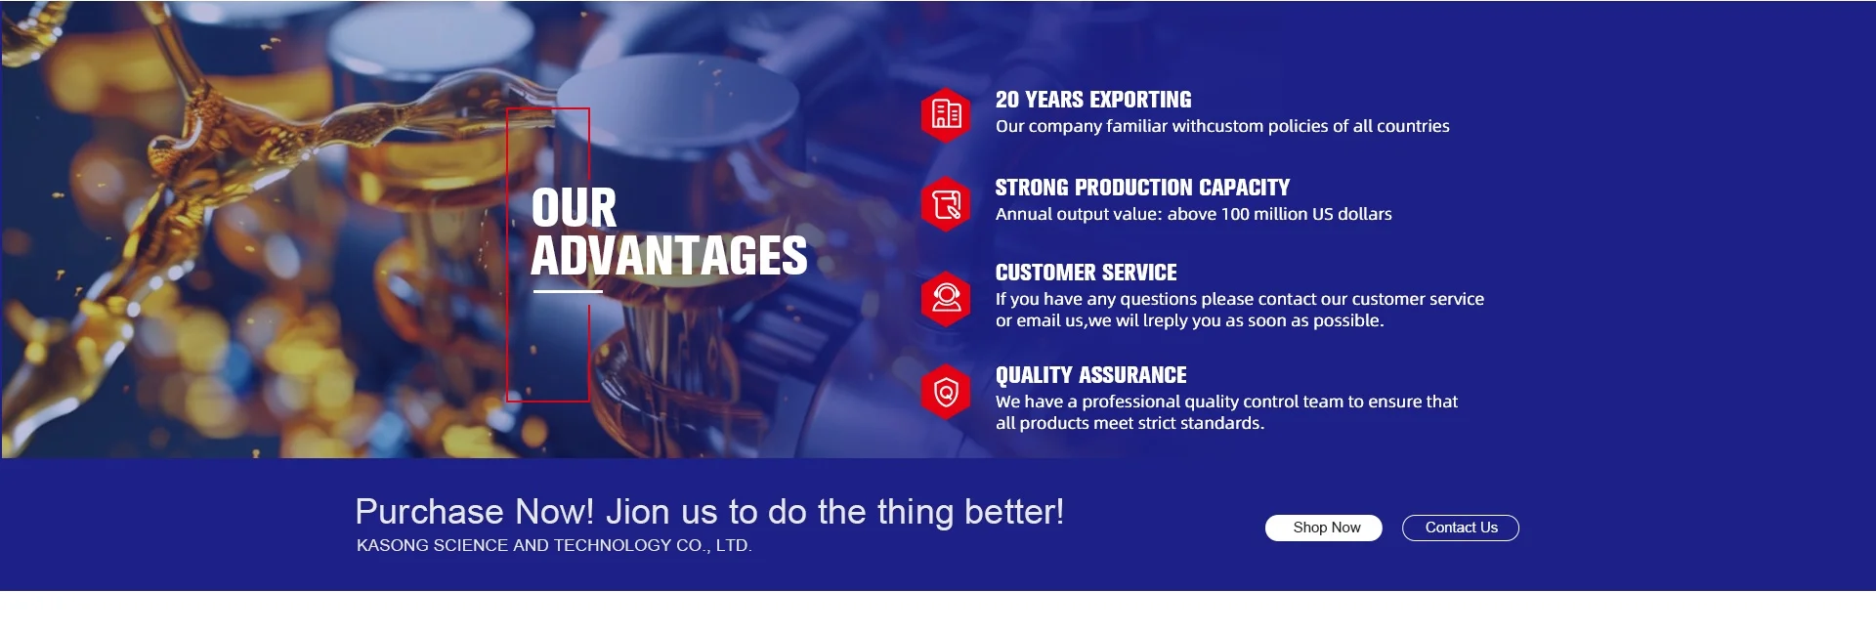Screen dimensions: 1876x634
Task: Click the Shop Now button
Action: [x=1323, y=528]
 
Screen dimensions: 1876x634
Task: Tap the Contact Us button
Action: [x=1461, y=528]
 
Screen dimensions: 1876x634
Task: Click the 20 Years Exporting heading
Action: [x=1093, y=100]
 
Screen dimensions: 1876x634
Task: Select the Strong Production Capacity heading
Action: [x=1142, y=188]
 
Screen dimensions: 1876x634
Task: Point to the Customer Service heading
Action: [x=1087, y=273]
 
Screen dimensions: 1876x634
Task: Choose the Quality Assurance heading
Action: [x=1091, y=375]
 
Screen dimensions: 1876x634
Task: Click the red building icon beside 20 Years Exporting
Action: [x=946, y=115]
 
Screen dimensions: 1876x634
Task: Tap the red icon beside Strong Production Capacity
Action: [x=946, y=204]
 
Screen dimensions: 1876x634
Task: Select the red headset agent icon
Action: [x=946, y=299]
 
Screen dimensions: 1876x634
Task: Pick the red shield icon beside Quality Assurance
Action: [x=946, y=392]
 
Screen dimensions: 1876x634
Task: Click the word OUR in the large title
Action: [x=575, y=208]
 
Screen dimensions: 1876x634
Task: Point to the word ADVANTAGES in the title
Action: [x=669, y=256]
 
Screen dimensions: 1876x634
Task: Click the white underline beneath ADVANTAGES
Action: [x=568, y=291]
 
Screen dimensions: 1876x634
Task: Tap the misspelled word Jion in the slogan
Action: [x=638, y=512]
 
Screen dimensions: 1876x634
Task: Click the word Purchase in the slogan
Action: [x=430, y=512]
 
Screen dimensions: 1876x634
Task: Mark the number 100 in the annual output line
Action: [x=1235, y=214]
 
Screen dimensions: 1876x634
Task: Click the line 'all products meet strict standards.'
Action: [x=1130, y=423]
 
